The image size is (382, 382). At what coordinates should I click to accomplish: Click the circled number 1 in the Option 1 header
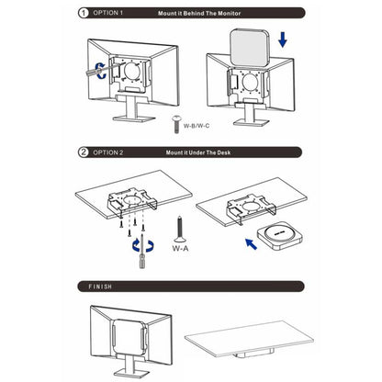click(84, 13)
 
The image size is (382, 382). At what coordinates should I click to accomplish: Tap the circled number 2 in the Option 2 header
click(84, 152)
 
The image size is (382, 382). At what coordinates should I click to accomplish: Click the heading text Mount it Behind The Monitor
click(199, 14)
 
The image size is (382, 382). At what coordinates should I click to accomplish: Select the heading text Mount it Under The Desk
click(198, 152)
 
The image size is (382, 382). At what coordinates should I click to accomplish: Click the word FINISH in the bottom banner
click(100, 286)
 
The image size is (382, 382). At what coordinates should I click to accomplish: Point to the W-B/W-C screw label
click(197, 126)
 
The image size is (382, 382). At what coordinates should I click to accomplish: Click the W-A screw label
click(180, 248)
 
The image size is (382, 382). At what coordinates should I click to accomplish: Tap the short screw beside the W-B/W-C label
click(176, 124)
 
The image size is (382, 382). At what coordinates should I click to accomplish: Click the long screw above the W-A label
click(180, 229)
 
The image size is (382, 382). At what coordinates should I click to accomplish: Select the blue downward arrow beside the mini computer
click(283, 39)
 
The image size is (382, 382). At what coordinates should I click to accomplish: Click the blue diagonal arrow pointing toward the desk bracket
click(251, 244)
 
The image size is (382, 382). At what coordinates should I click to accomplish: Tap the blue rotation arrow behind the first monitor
click(100, 71)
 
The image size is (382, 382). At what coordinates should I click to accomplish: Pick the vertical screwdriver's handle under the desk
click(142, 261)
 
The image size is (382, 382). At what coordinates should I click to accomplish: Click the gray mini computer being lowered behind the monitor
click(250, 48)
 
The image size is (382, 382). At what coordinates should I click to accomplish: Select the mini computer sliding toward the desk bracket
click(279, 236)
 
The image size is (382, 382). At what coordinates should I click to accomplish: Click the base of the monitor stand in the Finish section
click(131, 374)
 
